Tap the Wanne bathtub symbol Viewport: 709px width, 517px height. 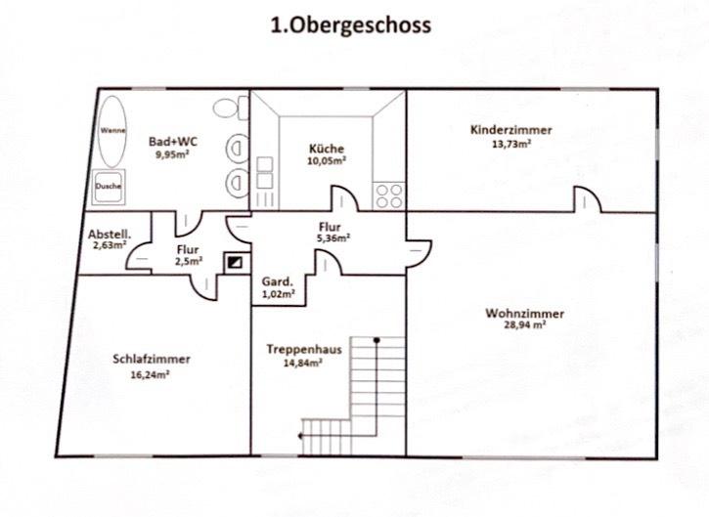tap(111, 131)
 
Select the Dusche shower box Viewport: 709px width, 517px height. tap(109, 186)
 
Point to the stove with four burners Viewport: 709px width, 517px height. tap(388, 193)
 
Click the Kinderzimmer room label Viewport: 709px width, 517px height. tap(510, 130)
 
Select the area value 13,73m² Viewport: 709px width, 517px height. tap(510, 144)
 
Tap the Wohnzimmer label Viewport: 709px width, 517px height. tap(524, 314)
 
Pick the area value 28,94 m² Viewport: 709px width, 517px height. tap(524, 326)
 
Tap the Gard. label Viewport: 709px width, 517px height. tap(277, 281)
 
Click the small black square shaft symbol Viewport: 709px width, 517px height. tap(236, 261)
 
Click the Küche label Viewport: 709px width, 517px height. tap(327, 149)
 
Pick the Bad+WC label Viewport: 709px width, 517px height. tap(169, 142)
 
